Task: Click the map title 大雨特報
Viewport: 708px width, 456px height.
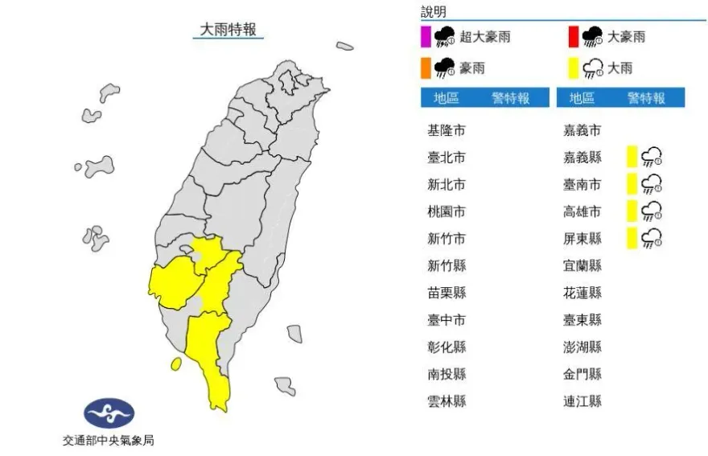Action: pyautogui.click(x=228, y=30)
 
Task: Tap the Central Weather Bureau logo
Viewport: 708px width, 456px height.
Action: pyautogui.click(x=109, y=414)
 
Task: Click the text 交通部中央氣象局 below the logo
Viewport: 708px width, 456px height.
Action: pyautogui.click(x=108, y=440)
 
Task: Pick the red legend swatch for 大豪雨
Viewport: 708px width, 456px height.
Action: pyautogui.click(x=574, y=37)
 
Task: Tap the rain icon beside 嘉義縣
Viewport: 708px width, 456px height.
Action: pyautogui.click(x=652, y=157)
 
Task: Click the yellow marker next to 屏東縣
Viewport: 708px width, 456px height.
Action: pyautogui.click(x=632, y=238)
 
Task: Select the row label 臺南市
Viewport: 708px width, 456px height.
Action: pyautogui.click(x=582, y=184)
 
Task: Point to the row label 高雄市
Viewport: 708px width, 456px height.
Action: pyautogui.click(x=582, y=212)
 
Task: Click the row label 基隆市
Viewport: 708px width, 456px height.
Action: pyautogui.click(x=447, y=129)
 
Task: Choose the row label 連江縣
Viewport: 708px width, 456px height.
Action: pyautogui.click(x=582, y=401)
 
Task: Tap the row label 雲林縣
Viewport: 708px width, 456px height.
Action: pyautogui.click(x=447, y=401)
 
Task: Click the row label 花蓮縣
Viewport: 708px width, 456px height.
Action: pyautogui.click(x=582, y=293)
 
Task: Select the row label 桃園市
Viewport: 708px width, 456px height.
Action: pyautogui.click(x=447, y=212)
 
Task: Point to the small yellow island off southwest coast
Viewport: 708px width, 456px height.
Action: pyautogui.click(x=175, y=364)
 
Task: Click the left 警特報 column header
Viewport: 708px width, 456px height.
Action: pyautogui.click(x=510, y=98)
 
